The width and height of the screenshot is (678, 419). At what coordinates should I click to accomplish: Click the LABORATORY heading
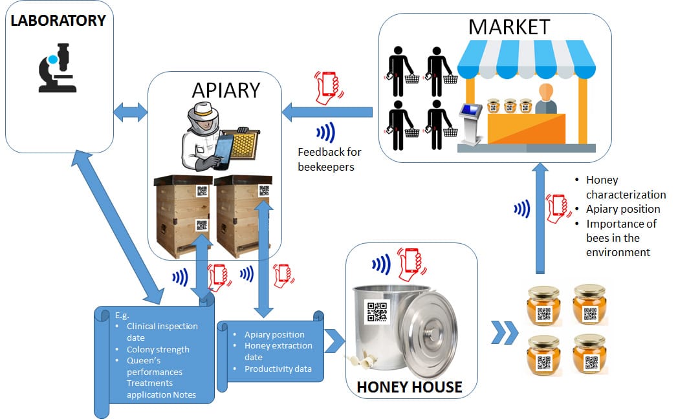coord(58,21)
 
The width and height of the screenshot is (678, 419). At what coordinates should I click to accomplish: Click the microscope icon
coord(58,67)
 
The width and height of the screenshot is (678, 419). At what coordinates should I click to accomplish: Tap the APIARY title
coord(226,91)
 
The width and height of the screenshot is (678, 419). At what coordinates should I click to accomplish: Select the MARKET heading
coord(508,27)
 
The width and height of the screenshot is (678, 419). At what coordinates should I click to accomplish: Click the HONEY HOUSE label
coord(410,387)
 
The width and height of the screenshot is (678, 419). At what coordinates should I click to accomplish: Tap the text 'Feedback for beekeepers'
coord(329,158)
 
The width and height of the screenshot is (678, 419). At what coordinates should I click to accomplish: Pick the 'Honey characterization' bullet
coord(626,187)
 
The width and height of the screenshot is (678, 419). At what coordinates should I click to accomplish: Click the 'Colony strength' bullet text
coord(158,349)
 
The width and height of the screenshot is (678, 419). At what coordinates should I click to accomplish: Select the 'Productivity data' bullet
coord(278,369)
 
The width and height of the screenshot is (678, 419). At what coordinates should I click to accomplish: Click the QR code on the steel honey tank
coord(377,312)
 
